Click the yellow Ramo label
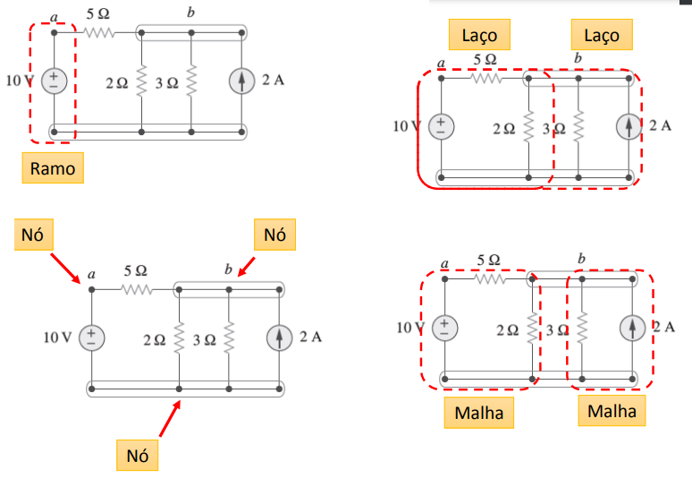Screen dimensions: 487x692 (x=53, y=167)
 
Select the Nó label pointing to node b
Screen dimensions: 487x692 (x=275, y=235)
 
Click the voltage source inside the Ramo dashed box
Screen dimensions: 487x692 (x=54, y=81)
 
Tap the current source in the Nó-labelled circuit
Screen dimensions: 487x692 (x=281, y=337)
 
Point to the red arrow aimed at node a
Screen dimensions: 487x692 (x=67, y=266)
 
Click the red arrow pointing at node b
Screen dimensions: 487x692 (x=247, y=267)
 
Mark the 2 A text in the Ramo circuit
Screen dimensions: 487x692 (x=273, y=81)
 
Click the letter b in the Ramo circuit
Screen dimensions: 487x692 (x=190, y=13)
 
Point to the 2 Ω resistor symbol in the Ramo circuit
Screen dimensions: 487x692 (x=141, y=82)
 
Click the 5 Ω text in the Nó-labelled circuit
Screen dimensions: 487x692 (x=136, y=269)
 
